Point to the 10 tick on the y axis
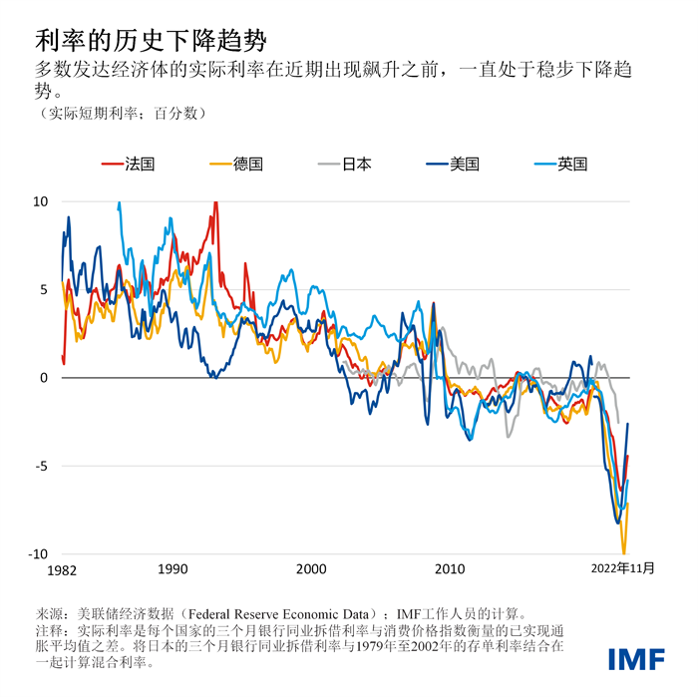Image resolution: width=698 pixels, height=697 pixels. tap(41, 201)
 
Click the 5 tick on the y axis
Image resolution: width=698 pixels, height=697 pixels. tap(44, 290)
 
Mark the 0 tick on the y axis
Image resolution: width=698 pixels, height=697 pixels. tap(44, 378)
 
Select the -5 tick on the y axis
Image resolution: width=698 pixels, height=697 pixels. tap(41, 466)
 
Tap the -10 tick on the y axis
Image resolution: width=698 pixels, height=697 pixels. tap(38, 554)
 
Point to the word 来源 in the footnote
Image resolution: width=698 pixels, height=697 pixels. tap(49, 614)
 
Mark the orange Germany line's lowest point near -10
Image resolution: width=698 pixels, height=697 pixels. tap(624, 551)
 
